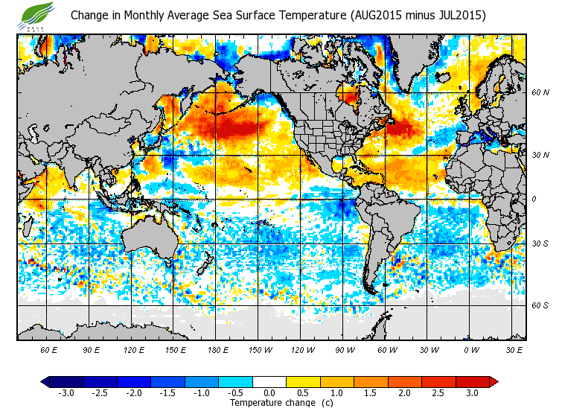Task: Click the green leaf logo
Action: point(36,14)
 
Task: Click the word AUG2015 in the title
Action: point(380,15)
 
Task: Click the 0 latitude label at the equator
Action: point(534,199)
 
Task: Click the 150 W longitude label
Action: point(261,349)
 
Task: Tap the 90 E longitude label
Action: point(92,349)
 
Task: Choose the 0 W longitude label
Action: point(470,349)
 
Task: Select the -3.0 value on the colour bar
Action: point(66,393)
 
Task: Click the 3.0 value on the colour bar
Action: point(471,393)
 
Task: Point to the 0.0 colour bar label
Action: point(269,393)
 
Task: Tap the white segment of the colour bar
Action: point(269,382)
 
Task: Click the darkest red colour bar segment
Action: point(471,382)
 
